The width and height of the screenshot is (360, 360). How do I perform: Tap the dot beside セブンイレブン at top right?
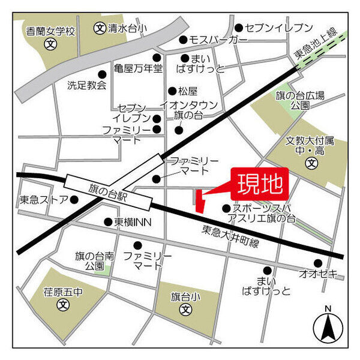pos(239,28)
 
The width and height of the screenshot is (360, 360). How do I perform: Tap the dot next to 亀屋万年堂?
pos(157,58)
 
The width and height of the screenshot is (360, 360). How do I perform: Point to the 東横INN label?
pos(133,222)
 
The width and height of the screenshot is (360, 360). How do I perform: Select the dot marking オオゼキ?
pos(317,263)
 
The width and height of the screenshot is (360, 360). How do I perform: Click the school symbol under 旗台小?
pos(186,311)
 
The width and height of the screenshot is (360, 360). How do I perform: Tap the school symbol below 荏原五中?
pos(63,305)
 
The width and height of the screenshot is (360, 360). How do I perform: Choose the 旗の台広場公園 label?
pos(308,100)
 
